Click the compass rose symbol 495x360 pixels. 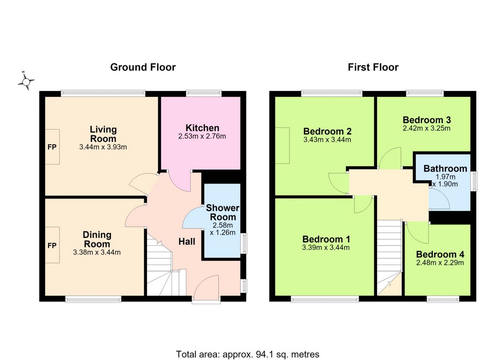tap(26, 81)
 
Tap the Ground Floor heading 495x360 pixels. tap(143, 67)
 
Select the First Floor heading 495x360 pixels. tap(373, 67)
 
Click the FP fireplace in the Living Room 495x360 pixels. tap(52, 147)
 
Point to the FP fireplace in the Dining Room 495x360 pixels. tap(52, 245)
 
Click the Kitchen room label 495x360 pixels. tap(202, 128)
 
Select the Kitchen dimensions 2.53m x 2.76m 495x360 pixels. tap(202, 136)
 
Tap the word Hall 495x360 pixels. tap(187, 242)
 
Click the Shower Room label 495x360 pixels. tap(222, 212)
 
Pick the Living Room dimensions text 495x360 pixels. tap(103, 147)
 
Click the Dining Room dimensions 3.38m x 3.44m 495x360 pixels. tap(97, 252)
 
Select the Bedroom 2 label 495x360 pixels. tap(327, 131)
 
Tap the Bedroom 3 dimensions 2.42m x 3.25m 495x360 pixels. tap(427, 128)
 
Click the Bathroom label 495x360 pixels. tap(445, 169)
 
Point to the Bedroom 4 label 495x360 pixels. tap(440, 254)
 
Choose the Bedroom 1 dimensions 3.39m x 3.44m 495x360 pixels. tap(326, 247)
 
